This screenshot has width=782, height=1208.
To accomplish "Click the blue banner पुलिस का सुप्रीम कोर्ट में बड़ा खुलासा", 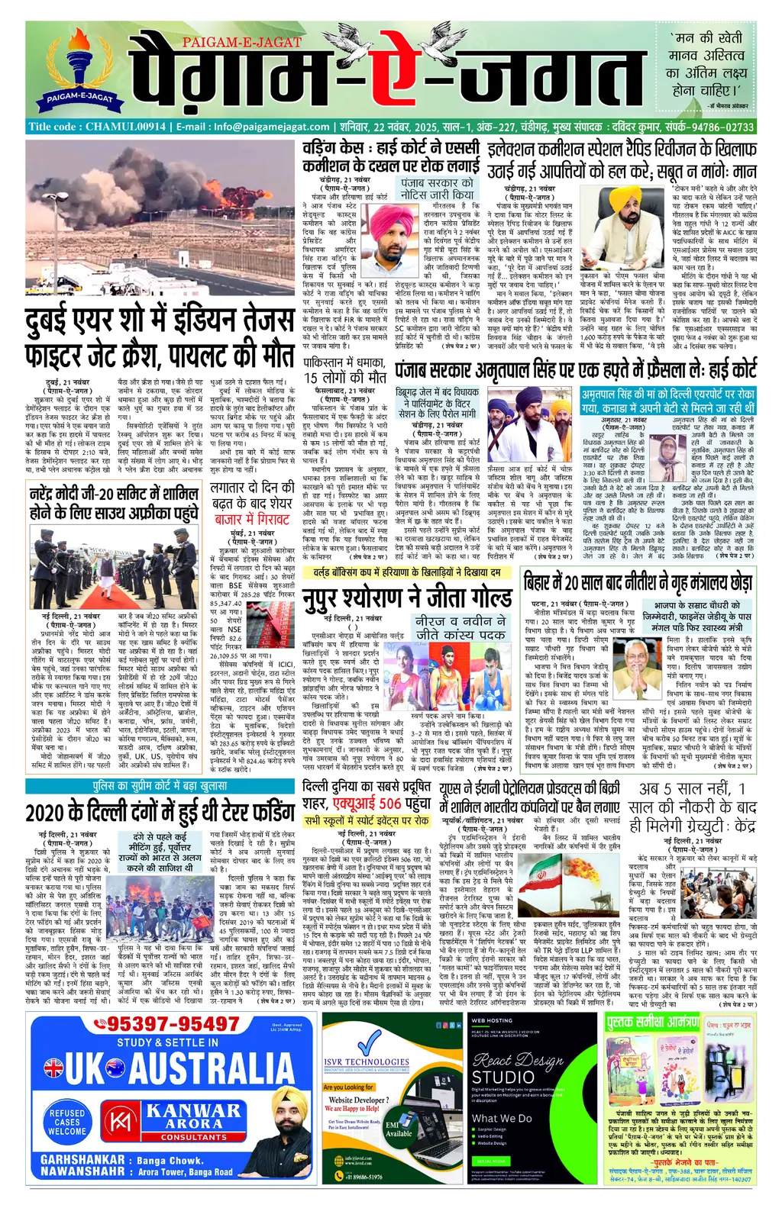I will pyautogui.click(x=160, y=785).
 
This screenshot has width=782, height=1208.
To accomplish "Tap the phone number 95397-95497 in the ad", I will pyautogui.click(x=173, y=1024).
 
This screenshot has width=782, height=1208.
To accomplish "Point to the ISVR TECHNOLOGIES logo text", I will pyautogui.click(x=366, y=1061).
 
